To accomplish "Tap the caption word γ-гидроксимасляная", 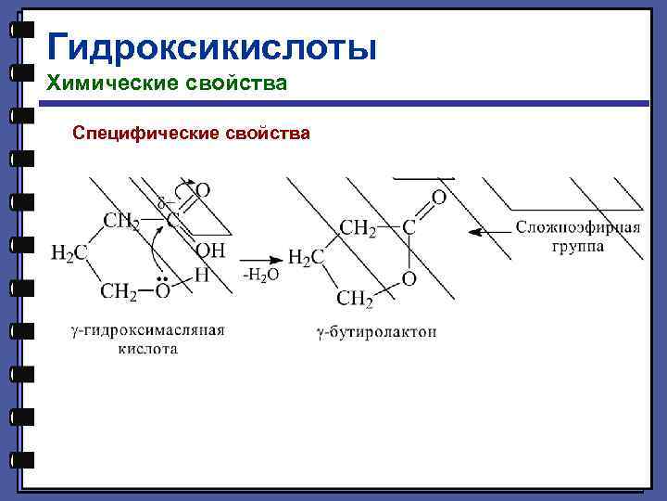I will (148, 331).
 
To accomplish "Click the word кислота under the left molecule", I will (147, 349).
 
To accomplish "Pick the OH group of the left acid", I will (211, 250).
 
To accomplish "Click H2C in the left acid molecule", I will (69, 253).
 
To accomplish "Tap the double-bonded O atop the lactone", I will (438, 198).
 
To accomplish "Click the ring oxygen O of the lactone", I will (409, 278).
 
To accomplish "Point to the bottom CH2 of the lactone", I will (355, 298).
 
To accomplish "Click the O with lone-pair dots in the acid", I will (161, 291).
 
